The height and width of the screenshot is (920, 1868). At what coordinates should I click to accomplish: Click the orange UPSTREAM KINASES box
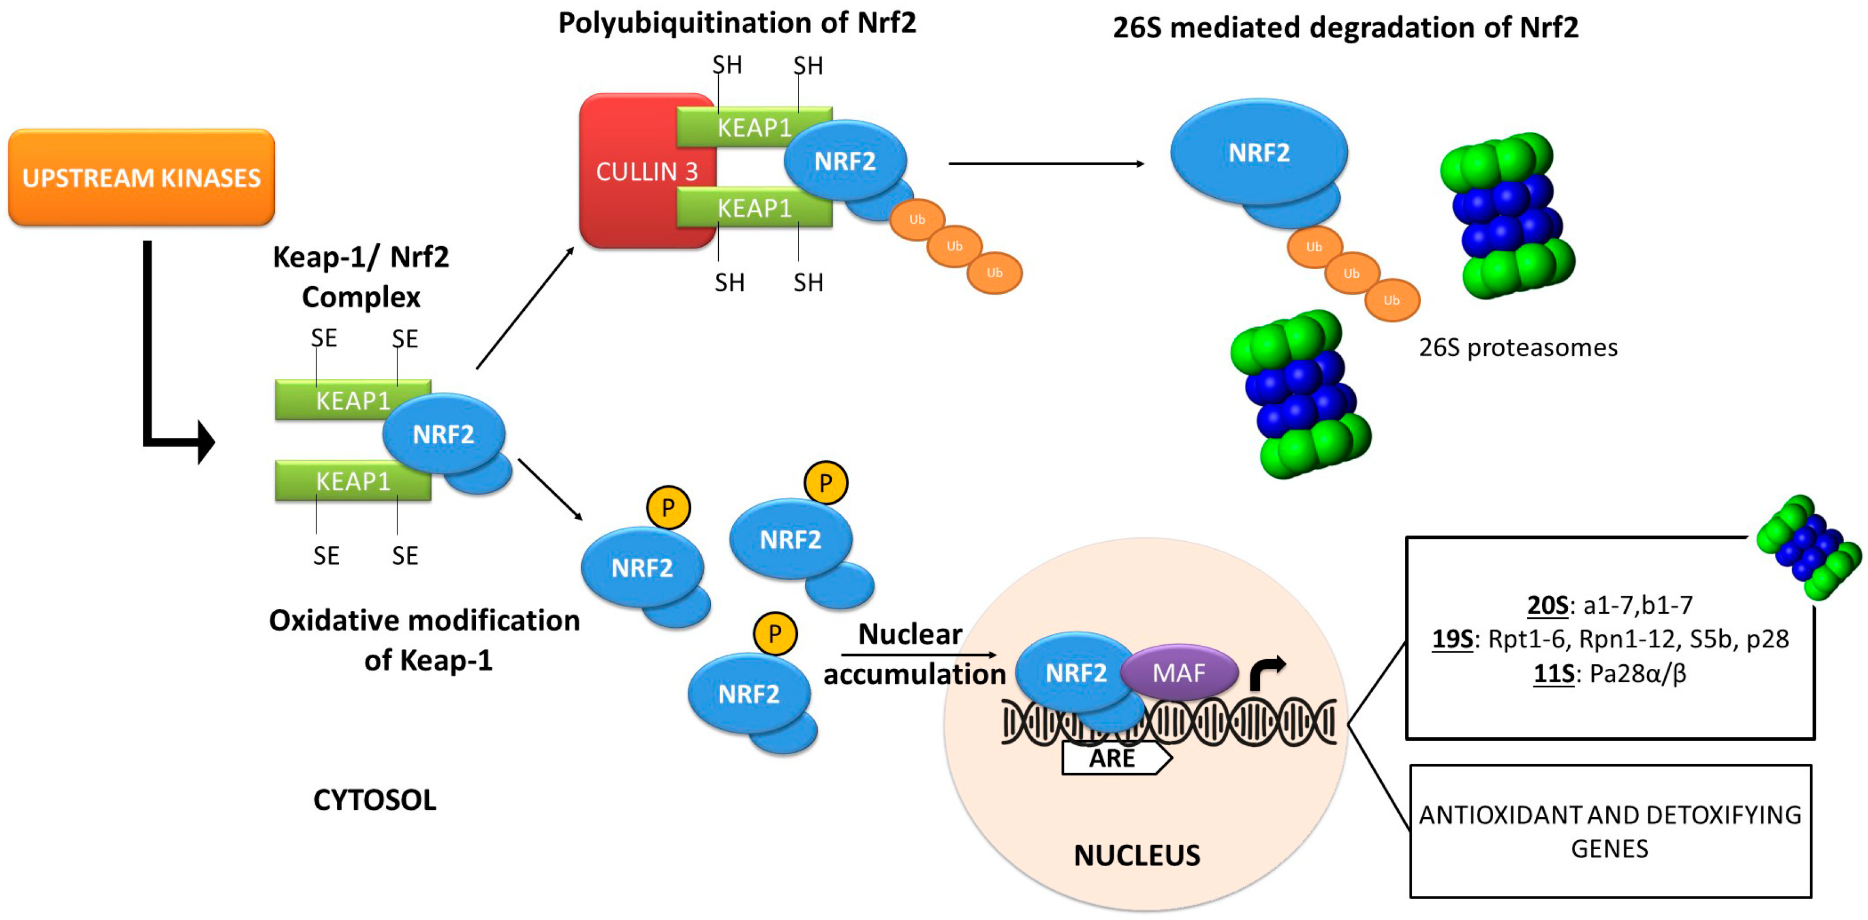[142, 178]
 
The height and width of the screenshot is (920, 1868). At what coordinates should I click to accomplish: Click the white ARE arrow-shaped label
[1114, 758]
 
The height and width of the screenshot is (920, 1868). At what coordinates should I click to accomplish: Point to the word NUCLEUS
[1136, 855]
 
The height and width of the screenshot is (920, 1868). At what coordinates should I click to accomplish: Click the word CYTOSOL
[374, 800]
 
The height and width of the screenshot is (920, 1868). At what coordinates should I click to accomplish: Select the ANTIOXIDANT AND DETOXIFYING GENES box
[1610, 832]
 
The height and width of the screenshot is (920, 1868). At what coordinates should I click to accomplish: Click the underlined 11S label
[1553, 673]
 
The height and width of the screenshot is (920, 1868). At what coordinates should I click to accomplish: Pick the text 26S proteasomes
[1518, 347]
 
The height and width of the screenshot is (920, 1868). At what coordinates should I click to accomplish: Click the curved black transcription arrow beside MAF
[1266, 672]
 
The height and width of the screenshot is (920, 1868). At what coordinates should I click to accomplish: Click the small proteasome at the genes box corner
[1808, 548]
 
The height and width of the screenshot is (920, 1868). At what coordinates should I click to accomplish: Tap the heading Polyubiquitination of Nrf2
[737, 23]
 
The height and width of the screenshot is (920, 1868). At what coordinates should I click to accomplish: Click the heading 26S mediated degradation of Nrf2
[1345, 28]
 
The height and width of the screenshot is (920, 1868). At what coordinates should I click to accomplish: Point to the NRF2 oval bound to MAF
[1074, 673]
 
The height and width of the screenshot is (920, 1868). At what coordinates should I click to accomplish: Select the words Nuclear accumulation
[913, 654]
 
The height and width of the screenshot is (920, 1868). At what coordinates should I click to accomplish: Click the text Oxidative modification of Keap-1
[425, 640]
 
